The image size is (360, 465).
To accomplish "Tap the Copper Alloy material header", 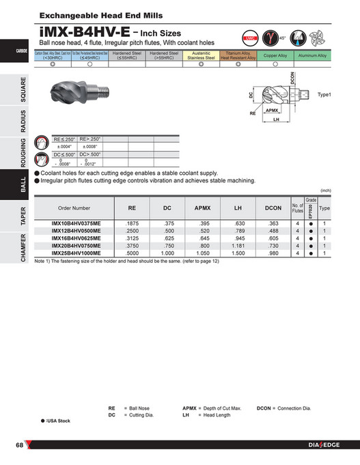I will tap(275, 56).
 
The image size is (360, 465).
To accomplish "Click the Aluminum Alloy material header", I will tap(311, 56).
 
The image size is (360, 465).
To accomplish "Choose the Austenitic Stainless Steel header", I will tap(201, 56).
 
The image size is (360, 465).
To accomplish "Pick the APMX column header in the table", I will tap(202, 207).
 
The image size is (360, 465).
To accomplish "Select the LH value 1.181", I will tap(238, 245).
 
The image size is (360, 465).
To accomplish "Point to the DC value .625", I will tap(167, 238).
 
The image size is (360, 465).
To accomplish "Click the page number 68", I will tap(20, 446).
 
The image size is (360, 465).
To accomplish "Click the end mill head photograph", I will tap(77, 104).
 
